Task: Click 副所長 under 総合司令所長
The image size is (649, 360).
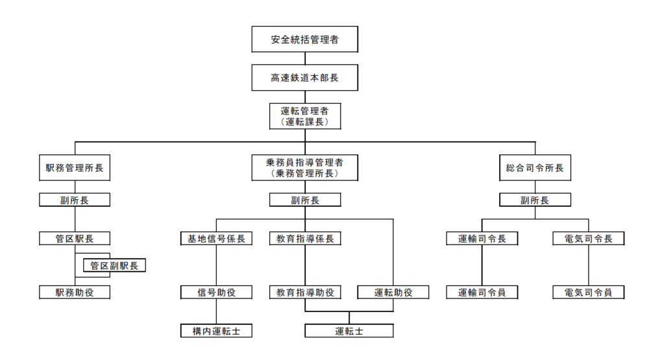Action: [x=535, y=200]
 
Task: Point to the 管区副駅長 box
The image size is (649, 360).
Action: [x=114, y=265]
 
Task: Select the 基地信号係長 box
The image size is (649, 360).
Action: [x=216, y=238]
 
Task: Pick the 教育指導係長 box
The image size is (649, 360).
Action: [x=305, y=238]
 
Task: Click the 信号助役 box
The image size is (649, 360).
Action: [x=216, y=292]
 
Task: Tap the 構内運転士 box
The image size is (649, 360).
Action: [x=216, y=331]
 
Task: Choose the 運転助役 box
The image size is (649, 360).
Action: [x=393, y=292]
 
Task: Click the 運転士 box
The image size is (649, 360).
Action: [x=349, y=331]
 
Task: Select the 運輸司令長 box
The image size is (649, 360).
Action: [x=482, y=238]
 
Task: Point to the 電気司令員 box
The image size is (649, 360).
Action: [x=589, y=292]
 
